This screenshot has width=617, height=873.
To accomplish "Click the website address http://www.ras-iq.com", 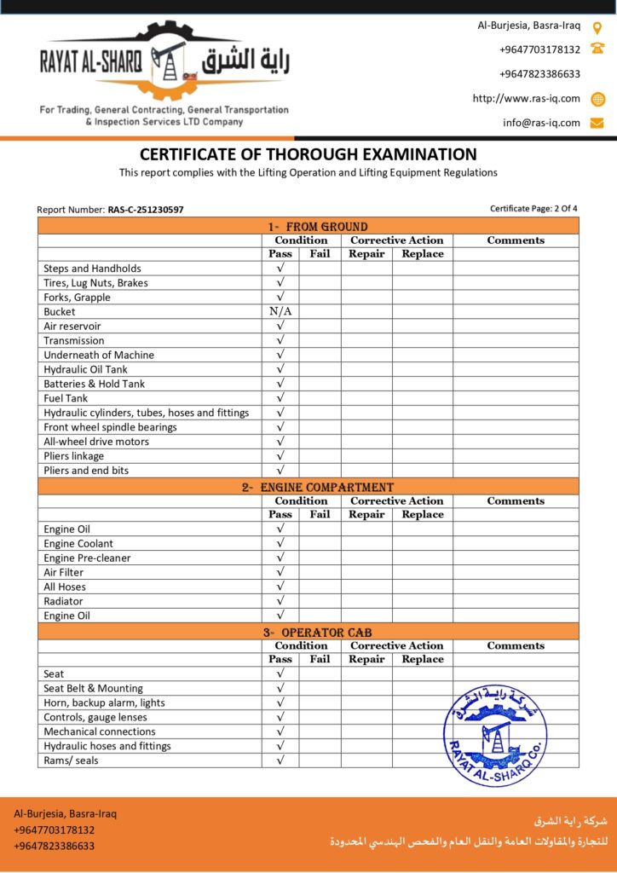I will click(x=526, y=99).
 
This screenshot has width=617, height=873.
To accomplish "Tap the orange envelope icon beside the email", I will click(x=597, y=123).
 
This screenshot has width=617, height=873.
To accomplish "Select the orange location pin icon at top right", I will click(x=597, y=26).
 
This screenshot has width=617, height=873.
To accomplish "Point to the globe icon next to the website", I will click(x=597, y=99).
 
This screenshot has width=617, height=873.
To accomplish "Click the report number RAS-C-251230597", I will click(x=145, y=209).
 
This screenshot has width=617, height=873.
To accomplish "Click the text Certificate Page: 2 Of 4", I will click(x=533, y=208).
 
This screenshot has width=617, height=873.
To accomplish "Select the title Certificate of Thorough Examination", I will click(x=308, y=155).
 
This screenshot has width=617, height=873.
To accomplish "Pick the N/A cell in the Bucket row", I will click(x=280, y=312).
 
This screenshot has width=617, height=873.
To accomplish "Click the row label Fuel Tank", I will click(x=66, y=398).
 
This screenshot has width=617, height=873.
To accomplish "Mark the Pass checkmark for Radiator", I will click(x=280, y=601).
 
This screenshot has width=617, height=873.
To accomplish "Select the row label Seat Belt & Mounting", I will click(x=93, y=688).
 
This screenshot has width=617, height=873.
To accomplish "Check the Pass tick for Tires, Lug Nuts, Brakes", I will click(x=280, y=283).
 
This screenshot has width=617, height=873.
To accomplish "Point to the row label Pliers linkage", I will click(x=76, y=456).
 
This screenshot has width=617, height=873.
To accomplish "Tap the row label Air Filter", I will click(x=64, y=572).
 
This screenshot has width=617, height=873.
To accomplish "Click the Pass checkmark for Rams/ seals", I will click(x=280, y=760).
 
